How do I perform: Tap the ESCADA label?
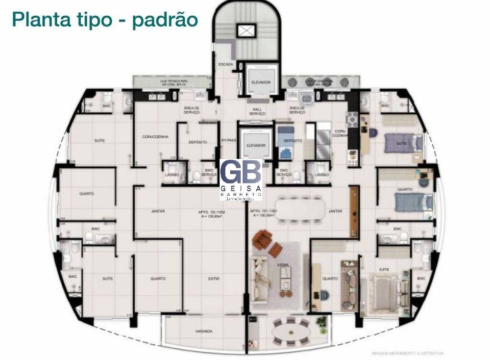[x=225, y=65]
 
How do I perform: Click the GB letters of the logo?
[x=240, y=173]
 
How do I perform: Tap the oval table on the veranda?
[x=291, y=335]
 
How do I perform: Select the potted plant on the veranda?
[x=321, y=322]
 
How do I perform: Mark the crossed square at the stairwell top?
[x=244, y=31]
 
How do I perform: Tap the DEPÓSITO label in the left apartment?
[x=197, y=142]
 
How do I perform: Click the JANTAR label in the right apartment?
[x=335, y=211]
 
